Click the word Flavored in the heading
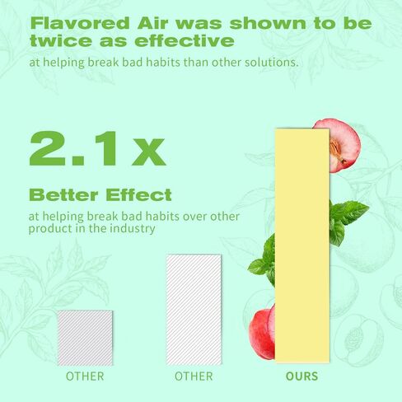click(80, 23)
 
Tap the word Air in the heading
click(152, 23)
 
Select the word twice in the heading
click(61, 40)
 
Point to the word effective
click(185, 40)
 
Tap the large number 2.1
click(73, 148)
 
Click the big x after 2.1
click(149, 152)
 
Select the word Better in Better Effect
click(63, 194)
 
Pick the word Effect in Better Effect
click(138, 194)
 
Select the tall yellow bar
click(302, 245)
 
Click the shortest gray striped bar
click(86, 338)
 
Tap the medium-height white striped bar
click(194, 310)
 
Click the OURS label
click(301, 376)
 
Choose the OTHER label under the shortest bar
click(85, 376)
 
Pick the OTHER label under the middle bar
click(194, 376)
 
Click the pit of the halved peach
click(337, 150)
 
